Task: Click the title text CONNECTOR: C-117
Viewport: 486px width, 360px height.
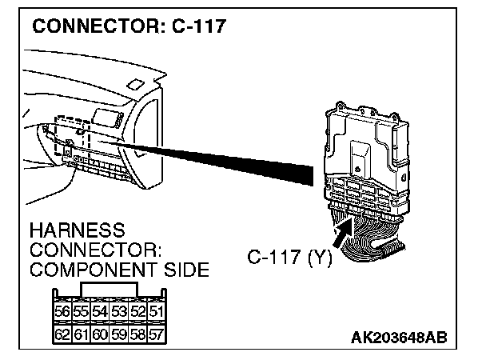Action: click(x=129, y=26)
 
